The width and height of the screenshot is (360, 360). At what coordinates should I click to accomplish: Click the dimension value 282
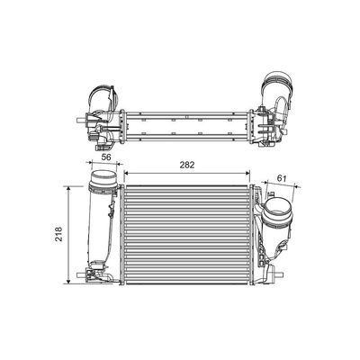pos(187,165)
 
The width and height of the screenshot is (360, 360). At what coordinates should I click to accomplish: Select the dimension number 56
pos(106,157)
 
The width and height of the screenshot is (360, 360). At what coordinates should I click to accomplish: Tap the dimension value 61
pos(282,178)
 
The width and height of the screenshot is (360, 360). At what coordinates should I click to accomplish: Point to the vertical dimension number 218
pos(58,234)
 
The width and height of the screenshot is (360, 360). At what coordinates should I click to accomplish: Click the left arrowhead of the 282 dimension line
pos(127,173)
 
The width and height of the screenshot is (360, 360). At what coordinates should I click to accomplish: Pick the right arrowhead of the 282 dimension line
pos(247,173)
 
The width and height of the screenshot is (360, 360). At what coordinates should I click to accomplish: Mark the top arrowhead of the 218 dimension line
pos(68,189)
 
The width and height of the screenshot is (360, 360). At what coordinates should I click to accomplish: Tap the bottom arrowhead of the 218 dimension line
pos(68,281)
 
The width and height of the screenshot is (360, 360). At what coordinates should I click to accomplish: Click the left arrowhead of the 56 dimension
pos(89,162)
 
